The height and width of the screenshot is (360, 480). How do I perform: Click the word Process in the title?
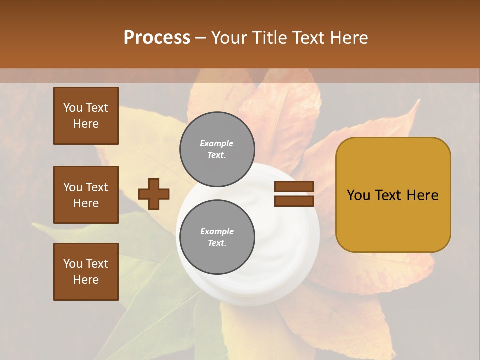pyautogui.click(x=157, y=38)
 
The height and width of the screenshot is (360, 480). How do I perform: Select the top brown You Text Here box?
pyautogui.click(x=86, y=116)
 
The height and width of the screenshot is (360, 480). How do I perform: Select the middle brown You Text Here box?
pyautogui.click(x=86, y=195)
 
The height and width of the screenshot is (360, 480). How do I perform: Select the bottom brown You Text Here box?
pyautogui.click(x=86, y=272)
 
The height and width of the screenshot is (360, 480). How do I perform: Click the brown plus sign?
pyautogui.click(x=154, y=194)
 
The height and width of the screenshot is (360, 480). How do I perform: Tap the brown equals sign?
pyautogui.click(x=294, y=194)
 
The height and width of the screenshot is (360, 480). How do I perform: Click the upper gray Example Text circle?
pyautogui.click(x=217, y=149)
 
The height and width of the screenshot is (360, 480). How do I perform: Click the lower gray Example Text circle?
pyautogui.click(x=217, y=237)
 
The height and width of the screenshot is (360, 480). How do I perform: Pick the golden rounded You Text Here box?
pyautogui.click(x=393, y=195)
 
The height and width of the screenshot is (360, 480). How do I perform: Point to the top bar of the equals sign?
pyautogui.click(x=294, y=187)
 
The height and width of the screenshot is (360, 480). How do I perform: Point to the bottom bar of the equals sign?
pyautogui.click(x=294, y=201)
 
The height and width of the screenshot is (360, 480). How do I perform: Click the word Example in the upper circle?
pyautogui.click(x=217, y=143)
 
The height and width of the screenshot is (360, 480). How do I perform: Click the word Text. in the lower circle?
pyautogui.click(x=217, y=243)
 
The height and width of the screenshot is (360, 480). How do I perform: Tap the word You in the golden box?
pyautogui.click(x=358, y=195)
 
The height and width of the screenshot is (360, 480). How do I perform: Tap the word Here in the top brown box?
pyautogui.click(x=86, y=124)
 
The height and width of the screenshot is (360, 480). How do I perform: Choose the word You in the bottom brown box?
pyautogui.click(x=73, y=264)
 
